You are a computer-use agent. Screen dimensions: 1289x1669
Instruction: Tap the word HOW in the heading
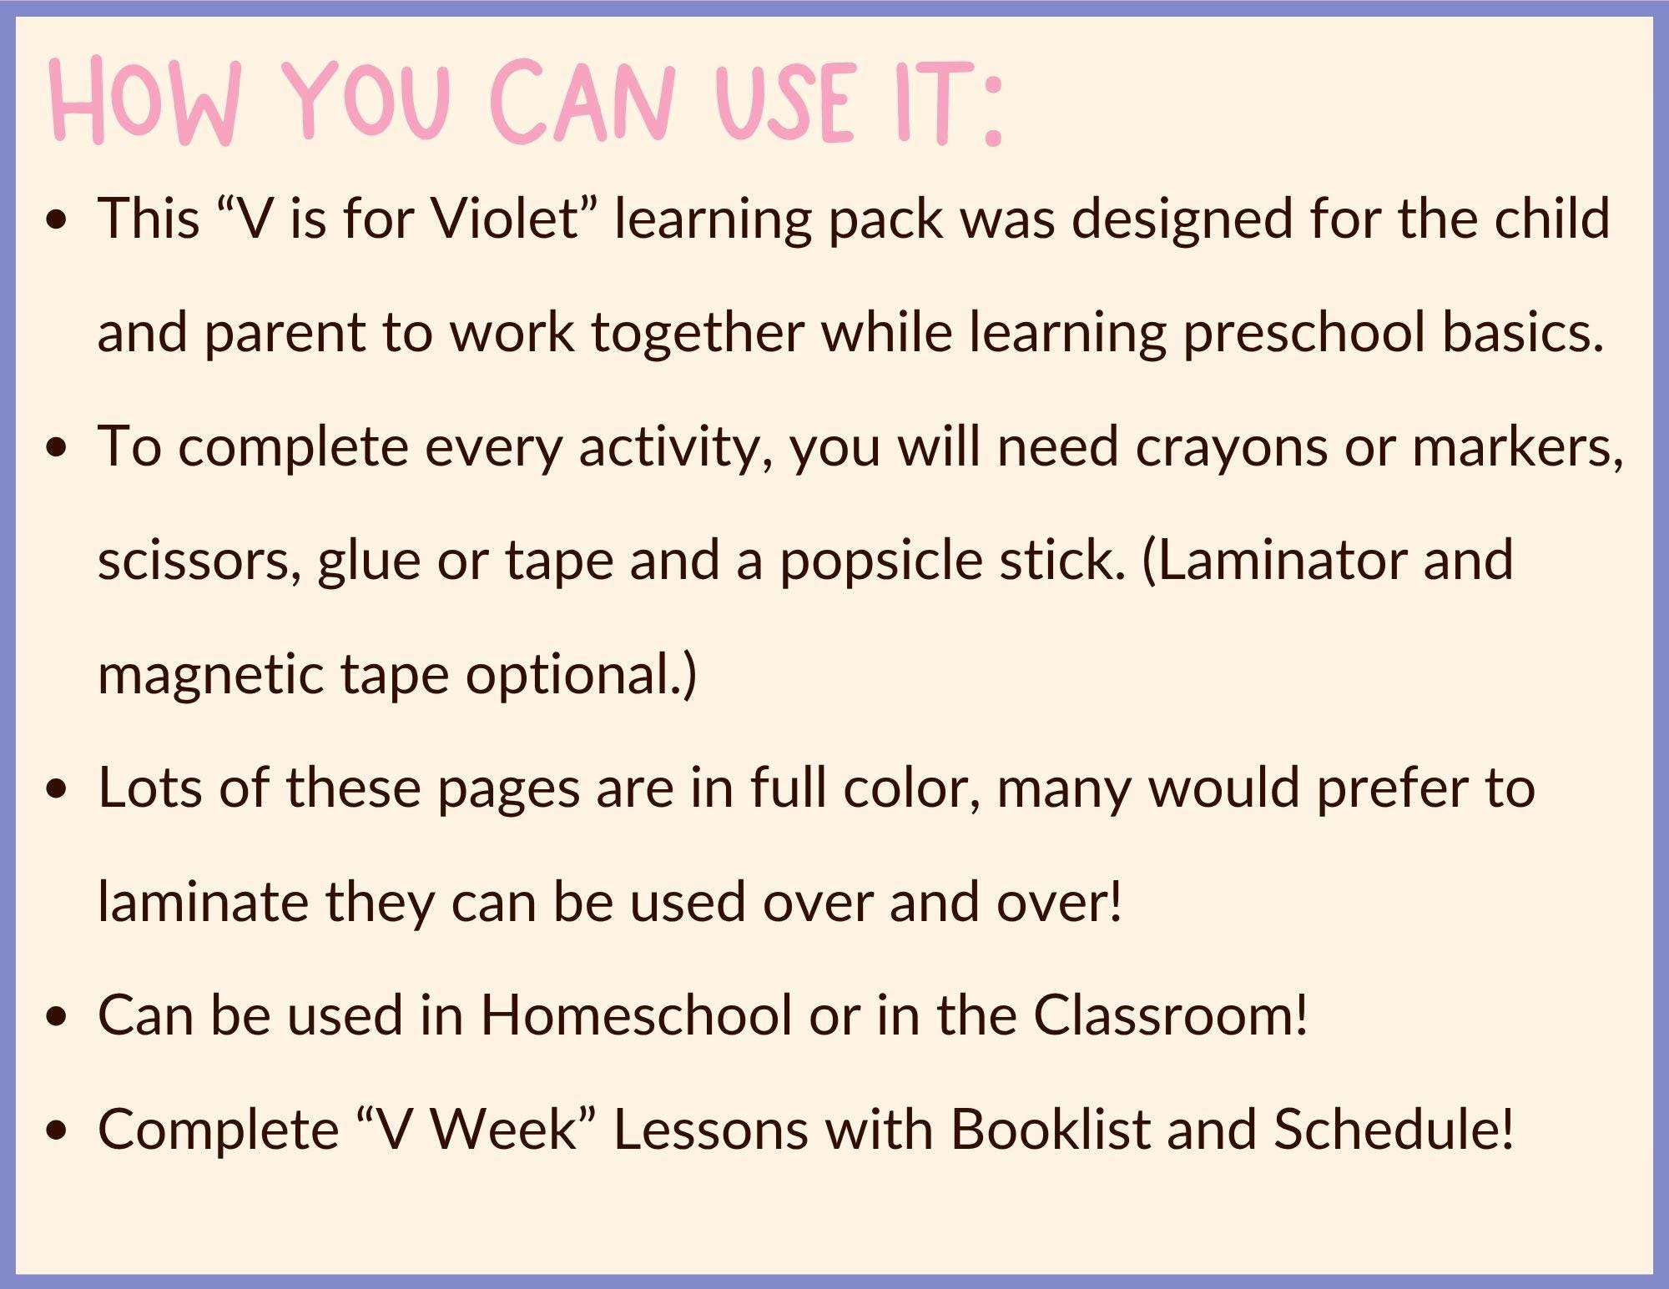click(x=144, y=104)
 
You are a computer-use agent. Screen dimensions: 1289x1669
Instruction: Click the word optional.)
click(x=581, y=674)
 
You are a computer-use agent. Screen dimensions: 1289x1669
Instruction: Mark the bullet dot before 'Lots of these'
click(x=57, y=791)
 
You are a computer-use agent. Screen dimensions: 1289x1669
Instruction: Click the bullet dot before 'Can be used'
click(x=57, y=1019)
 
